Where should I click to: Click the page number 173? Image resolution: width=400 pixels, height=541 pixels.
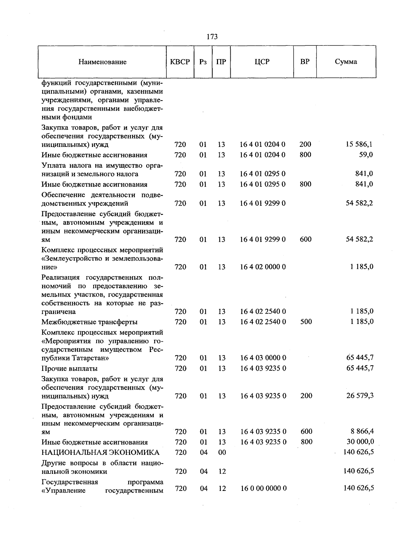coord(212,37)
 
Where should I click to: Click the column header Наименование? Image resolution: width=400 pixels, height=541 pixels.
coord(103,62)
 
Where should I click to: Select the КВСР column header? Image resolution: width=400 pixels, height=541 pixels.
coord(180,62)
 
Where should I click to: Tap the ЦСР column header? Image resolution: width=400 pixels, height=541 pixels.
coord(262,62)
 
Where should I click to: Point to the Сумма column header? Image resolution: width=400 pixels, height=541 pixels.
coord(346,62)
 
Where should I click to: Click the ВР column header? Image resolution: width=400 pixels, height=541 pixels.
coord(305,62)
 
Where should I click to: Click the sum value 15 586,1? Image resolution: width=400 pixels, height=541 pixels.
coord(359,144)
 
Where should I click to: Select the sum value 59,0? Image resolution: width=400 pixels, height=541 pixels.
coord(366,155)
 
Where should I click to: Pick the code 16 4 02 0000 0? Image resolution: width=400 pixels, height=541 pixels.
coord(263,267)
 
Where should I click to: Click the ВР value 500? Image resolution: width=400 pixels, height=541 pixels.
coord(306,322)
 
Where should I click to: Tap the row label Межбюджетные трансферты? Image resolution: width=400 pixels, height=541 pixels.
coord(89,322)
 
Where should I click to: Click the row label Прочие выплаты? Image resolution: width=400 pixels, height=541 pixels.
coord(69,369)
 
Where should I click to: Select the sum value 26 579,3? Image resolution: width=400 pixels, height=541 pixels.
coord(360,396)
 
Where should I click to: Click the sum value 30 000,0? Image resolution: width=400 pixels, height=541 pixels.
coord(360,442)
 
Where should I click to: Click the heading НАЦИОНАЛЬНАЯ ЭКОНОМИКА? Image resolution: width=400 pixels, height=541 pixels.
coord(100,453)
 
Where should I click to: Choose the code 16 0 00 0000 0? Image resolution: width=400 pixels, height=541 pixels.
coord(263,488)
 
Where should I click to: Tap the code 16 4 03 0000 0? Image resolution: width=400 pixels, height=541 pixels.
coord(263,358)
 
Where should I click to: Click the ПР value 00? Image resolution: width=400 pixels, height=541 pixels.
coord(222,453)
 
